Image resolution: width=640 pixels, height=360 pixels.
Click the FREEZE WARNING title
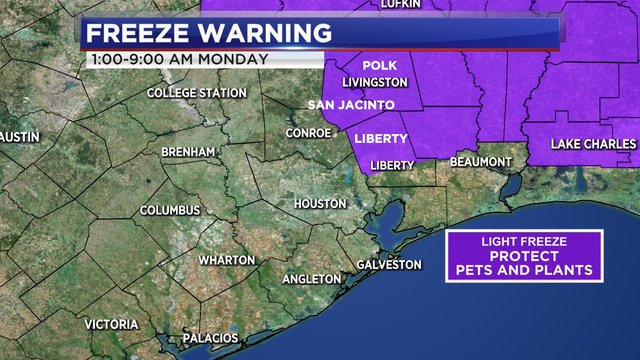(x=209, y=34)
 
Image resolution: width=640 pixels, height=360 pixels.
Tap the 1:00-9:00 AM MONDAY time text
(x=180, y=59)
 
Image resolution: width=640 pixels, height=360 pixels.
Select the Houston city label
(x=320, y=204)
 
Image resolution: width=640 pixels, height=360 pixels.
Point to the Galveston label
(x=389, y=265)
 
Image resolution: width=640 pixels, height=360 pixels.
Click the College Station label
(x=196, y=93)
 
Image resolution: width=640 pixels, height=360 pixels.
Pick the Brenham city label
(x=188, y=153)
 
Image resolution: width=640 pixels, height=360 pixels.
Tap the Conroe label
(x=308, y=133)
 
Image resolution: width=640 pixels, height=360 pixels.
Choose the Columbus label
(x=170, y=211)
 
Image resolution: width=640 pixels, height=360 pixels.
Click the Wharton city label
(x=226, y=260)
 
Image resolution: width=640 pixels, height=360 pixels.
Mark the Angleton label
(x=311, y=279)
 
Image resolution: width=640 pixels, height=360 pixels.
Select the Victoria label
(x=111, y=324)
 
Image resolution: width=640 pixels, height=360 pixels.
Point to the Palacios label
(x=210, y=338)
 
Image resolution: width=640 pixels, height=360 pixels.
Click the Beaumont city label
(x=481, y=162)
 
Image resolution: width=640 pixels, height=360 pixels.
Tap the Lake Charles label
(x=594, y=144)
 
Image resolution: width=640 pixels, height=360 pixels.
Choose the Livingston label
(x=375, y=83)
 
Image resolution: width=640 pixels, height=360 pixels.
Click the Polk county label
(x=380, y=66)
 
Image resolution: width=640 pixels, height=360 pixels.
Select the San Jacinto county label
(x=351, y=105)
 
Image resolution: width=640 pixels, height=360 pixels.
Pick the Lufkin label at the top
(x=401, y=4)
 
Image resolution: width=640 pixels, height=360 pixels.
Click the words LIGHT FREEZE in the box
(x=524, y=242)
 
